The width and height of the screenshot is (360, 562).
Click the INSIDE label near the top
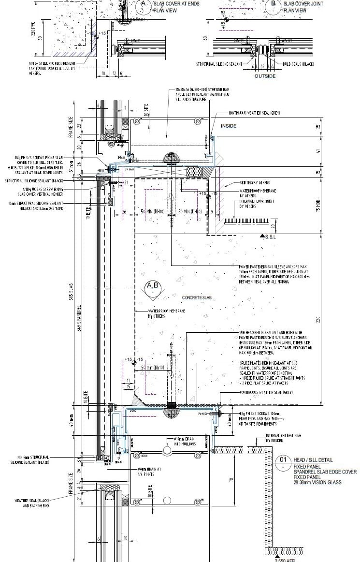click(229, 126)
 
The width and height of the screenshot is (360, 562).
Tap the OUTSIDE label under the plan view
click(265, 76)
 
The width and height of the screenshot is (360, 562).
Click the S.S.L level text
click(269, 237)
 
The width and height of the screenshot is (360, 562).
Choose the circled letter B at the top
click(274, 4)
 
